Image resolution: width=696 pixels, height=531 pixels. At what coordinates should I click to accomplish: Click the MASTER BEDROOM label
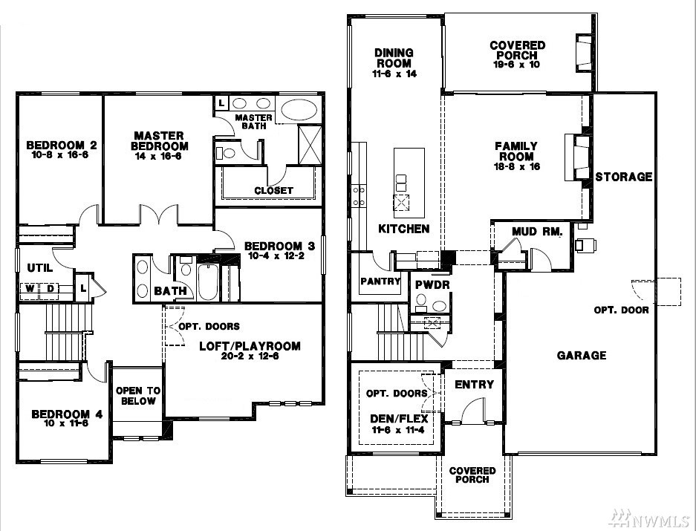tap(160, 141)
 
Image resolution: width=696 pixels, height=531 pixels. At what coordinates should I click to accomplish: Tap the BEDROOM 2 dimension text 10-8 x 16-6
tap(60, 155)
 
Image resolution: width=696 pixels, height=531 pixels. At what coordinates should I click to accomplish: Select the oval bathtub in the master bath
tap(299, 109)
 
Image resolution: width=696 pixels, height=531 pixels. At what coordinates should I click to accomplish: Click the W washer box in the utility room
tap(29, 289)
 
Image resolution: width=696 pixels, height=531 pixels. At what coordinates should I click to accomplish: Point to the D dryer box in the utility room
tap(51, 289)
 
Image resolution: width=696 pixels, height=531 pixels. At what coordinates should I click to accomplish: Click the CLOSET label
tap(273, 190)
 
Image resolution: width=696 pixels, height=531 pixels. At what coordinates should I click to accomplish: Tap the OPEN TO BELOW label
tap(138, 396)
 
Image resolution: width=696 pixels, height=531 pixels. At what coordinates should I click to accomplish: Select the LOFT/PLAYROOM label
tap(250, 346)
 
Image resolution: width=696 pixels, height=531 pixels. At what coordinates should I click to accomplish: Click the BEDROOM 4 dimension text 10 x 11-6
tap(66, 423)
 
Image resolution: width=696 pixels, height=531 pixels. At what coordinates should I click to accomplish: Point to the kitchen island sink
tap(401, 203)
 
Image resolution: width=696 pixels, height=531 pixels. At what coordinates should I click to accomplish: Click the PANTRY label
tap(380, 281)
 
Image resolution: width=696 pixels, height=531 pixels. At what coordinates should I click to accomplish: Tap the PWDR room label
tap(432, 284)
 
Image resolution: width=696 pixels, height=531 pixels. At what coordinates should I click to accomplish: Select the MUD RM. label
tap(537, 231)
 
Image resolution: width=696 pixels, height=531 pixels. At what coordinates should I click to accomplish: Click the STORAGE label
tap(624, 177)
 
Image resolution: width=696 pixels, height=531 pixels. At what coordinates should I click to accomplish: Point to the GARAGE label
tap(582, 355)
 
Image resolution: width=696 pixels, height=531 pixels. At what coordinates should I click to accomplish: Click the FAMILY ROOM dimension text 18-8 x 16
tap(517, 167)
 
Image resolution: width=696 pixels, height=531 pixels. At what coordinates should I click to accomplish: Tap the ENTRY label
tap(474, 385)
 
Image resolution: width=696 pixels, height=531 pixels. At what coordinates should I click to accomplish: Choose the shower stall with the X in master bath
tap(310, 145)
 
